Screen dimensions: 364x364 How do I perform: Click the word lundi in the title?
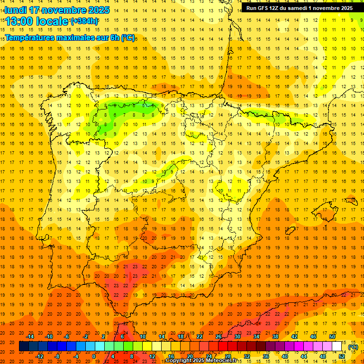(x=15, y=10)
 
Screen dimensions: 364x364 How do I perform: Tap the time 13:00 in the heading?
(x=20, y=21)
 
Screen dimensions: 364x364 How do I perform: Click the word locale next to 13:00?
(x=52, y=21)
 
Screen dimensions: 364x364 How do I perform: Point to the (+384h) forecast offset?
(x=84, y=21)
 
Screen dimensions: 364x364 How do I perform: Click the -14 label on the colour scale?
(x=30, y=337)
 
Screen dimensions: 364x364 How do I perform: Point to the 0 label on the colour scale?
(x=94, y=356)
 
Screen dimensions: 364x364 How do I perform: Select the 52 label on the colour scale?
(x=341, y=356)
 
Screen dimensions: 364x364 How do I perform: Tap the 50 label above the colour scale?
(x=332, y=337)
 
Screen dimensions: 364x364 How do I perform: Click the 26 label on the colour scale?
(x=218, y=337)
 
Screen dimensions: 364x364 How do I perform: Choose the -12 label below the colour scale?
(x=40, y=356)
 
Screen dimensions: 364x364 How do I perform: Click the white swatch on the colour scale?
(x=337, y=346)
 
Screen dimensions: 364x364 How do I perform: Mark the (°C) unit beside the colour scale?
(x=353, y=347)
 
